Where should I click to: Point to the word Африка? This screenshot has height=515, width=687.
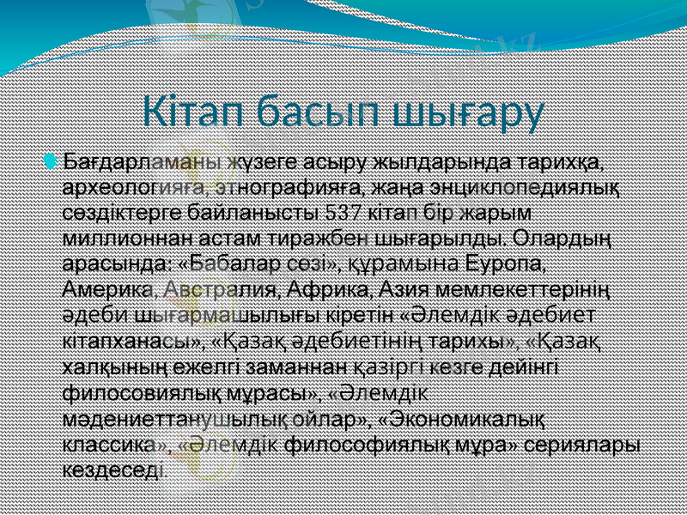pyautogui.click(x=325, y=285)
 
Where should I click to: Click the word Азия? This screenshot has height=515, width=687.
pyautogui.click(x=399, y=285)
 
